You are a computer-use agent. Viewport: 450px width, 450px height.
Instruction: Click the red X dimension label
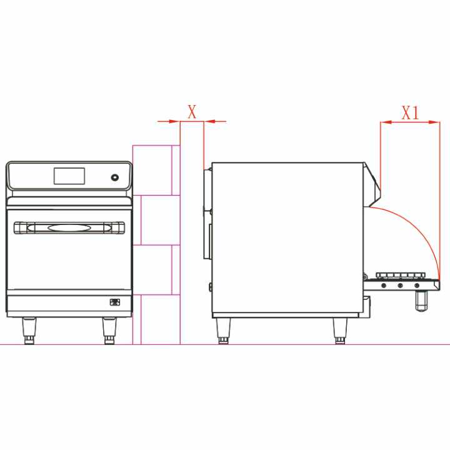192,112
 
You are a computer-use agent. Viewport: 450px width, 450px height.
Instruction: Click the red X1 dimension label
411,112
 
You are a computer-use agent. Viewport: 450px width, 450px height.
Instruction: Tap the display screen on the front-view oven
69,176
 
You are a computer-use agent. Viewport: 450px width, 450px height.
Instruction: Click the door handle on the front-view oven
69,228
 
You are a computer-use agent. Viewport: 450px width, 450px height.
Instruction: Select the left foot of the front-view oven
29,331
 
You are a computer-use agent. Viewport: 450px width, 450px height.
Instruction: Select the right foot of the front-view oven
109,331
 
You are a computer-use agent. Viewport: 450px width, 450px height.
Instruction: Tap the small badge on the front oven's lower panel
115,302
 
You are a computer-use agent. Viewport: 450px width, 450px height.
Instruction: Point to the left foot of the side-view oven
223,331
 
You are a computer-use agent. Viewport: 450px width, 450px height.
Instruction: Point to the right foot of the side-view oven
340,331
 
